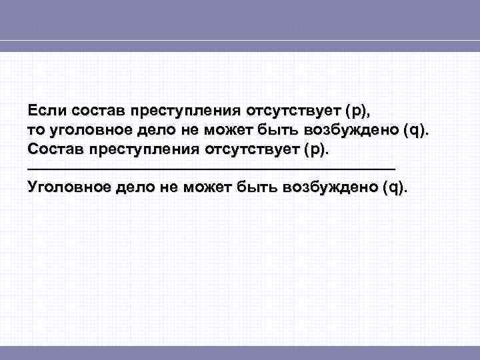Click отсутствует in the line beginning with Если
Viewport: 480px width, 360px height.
pyautogui.click(x=293, y=110)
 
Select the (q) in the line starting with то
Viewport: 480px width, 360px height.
pyautogui.click(x=416, y=129)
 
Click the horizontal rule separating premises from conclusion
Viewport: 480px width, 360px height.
pyautogui.click(x=211, y=167)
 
